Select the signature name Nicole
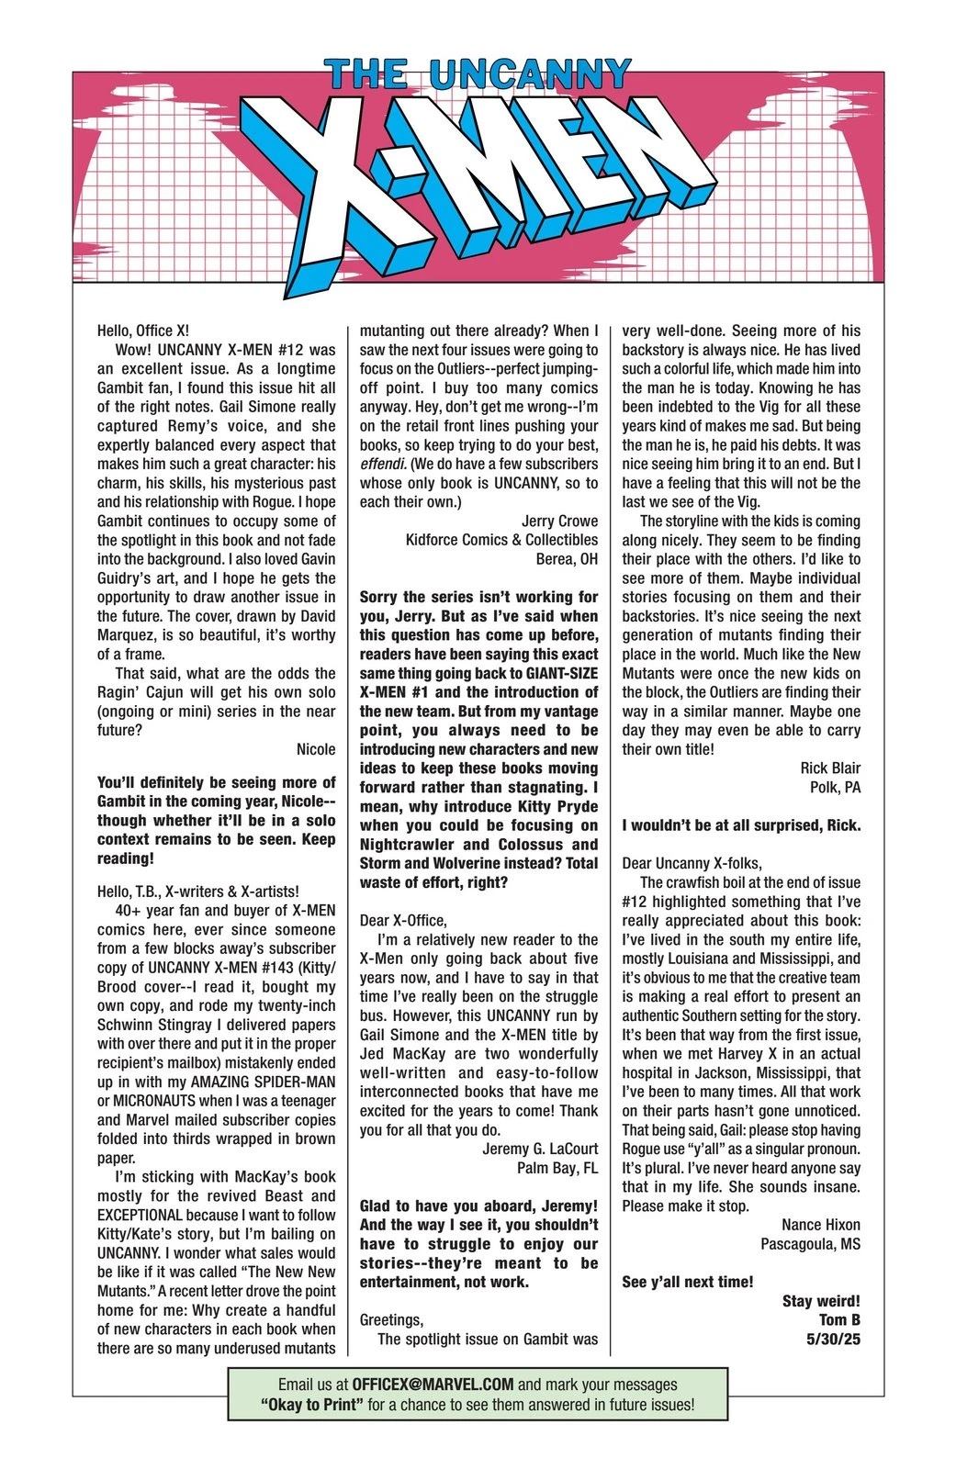(x=316, y=749)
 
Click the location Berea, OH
(x=567, y=559)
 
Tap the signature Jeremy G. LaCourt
(x=539, y=1149)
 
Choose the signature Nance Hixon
(x=820, y=1225)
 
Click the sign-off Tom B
(x=838, y=1319)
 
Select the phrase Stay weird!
(x=821, y=1301)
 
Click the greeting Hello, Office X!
(x=142, y=331)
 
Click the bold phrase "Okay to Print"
(x=309, y=1405)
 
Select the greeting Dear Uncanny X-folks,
(x=692, y=863)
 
